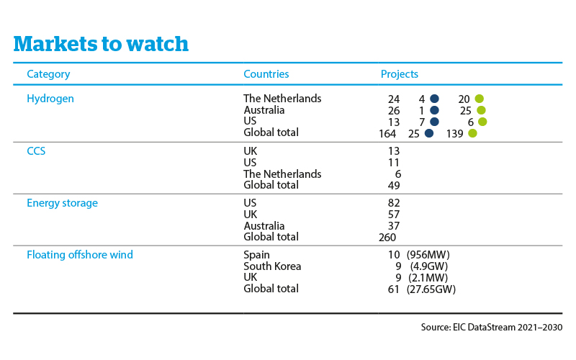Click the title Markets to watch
click(x=101, y=44)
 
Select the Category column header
click(x=48, y=74)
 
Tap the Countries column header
click(x=266, y=74)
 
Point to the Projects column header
click(x=400, y=74)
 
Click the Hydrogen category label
click(x=50, y=99)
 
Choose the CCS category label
click(x=36, y=151)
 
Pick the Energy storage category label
click(x=63, y=203)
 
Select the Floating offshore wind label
click(x=80, y=255)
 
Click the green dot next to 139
click(x=473, y=133)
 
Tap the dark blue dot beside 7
click(x=434, y=122)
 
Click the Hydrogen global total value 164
click(x=387, y=134)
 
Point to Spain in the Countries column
click(x=257, y=255)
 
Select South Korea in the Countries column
click(x=272, y=266)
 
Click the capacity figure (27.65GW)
click(x=431, y=289)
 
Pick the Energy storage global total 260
click(x=387, y=238)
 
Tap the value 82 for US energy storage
click(x=394, y=203)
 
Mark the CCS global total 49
click(x=394, y=186)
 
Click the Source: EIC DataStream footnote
click(x=492, y=327)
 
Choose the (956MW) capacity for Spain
click(x=428, y=255)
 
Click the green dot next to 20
click(x=479, y=99)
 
